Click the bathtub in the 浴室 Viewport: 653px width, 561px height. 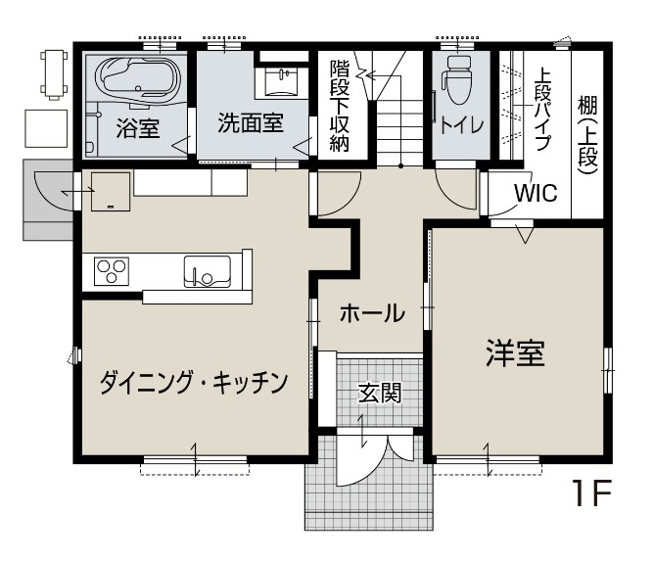138,79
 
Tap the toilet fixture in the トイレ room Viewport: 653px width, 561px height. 458,80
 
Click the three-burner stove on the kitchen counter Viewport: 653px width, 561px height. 112,271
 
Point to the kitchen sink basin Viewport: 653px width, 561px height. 208,271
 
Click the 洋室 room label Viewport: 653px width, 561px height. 515,353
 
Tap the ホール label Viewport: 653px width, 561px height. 372,313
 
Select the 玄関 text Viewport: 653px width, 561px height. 380,394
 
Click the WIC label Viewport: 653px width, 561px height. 536,193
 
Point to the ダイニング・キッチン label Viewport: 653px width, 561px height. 194,383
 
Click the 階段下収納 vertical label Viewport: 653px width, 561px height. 340,106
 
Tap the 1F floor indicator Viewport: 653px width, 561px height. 590,493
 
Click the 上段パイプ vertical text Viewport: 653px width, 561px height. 543,109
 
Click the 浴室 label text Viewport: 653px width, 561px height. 138,128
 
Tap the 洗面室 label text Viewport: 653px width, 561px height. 251,122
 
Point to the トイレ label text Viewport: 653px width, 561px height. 462,124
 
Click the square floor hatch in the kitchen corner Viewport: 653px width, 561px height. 111,191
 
